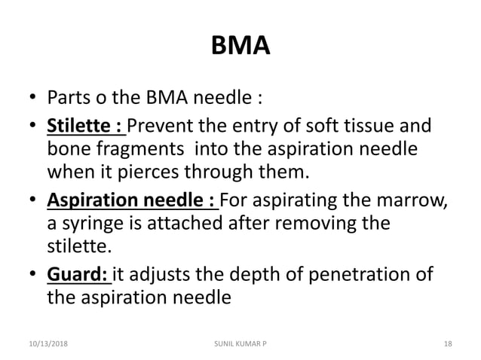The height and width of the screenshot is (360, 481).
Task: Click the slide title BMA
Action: [240, 50]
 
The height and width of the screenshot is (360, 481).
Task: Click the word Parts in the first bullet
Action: [66, 99]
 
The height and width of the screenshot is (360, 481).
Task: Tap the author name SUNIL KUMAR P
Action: [240, 343]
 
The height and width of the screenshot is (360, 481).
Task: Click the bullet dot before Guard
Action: [33, 273]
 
